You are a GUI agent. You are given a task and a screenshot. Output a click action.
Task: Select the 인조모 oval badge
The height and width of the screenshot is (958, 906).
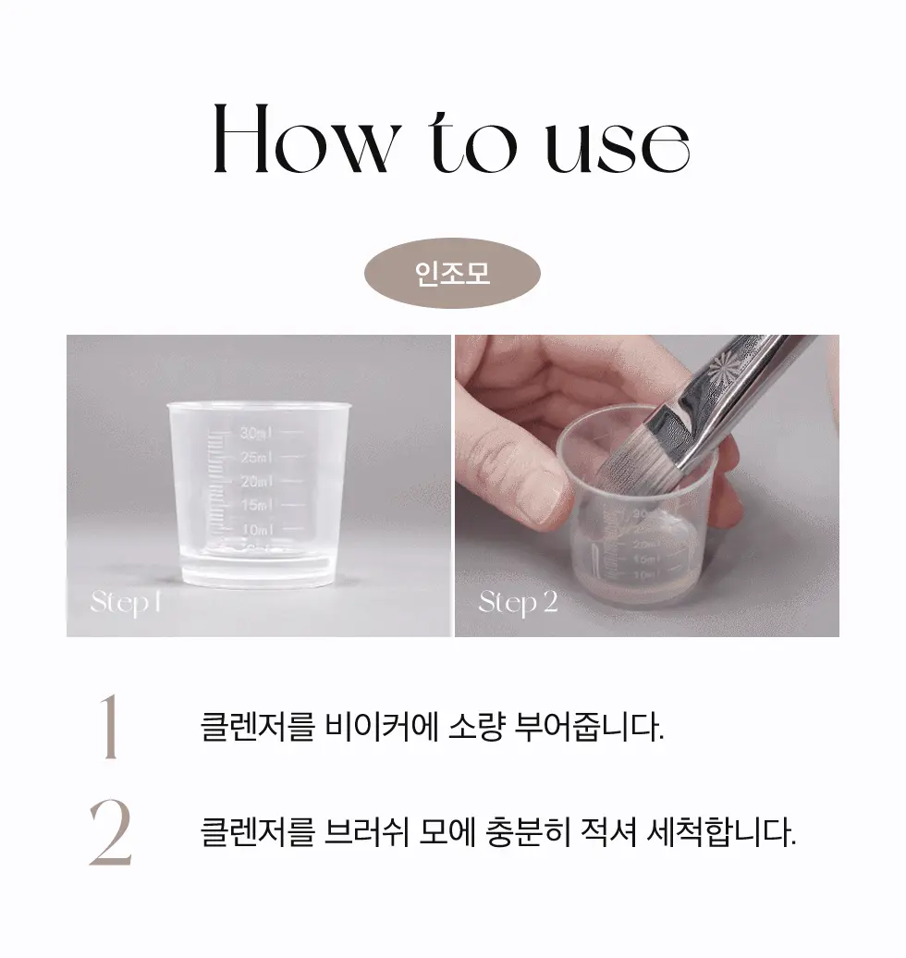452,273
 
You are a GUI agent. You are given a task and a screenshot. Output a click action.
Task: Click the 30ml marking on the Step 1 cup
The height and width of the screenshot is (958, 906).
255,432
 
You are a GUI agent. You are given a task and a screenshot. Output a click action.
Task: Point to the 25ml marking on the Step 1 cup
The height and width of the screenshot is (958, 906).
255,457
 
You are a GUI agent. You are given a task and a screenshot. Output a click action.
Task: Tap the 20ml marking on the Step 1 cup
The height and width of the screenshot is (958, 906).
255,481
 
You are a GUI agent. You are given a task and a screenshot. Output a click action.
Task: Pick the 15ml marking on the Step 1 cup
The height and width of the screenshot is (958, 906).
255,505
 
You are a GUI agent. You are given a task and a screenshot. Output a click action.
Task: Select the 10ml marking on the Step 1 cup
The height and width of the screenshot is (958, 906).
255,529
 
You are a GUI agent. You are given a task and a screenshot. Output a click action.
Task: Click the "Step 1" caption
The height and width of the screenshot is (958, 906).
126,604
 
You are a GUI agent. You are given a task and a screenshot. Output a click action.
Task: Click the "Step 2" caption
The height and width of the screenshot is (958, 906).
518,604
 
